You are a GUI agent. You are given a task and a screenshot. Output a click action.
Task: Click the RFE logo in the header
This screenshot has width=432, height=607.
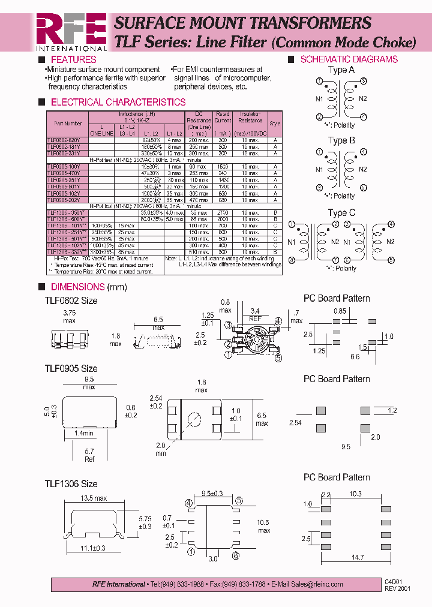click(x=71, y=31)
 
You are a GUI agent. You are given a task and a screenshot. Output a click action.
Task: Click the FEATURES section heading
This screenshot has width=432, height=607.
click(x=73, y=59)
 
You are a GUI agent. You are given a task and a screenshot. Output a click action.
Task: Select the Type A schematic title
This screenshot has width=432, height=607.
click(x=341, y=70)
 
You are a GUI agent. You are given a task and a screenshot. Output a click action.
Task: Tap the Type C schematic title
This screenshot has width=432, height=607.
click(x=341, y=212)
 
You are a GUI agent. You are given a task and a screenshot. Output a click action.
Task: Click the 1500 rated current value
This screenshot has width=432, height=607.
click(x=223, y=166)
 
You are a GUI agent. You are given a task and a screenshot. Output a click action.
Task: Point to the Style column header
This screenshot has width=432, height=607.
click(x=275, y=123)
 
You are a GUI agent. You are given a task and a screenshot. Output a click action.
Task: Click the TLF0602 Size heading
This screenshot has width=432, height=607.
click(x=71, y=301)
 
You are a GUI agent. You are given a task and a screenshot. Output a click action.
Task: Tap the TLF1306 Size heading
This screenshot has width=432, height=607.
click(x=71, y=483)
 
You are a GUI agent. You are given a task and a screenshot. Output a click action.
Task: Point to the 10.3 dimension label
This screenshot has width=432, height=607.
click(x=356, y=494)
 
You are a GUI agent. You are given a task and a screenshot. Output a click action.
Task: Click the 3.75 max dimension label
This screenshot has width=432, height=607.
click(x=70, y=316)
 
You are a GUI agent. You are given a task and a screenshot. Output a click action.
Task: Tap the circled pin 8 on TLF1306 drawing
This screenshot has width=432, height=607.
click(x=236, y=556)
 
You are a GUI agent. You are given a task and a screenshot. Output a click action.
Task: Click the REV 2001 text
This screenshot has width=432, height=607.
click(x=397, y=588)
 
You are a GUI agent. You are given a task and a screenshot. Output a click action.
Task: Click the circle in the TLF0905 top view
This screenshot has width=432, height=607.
click(x=194, y=418)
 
